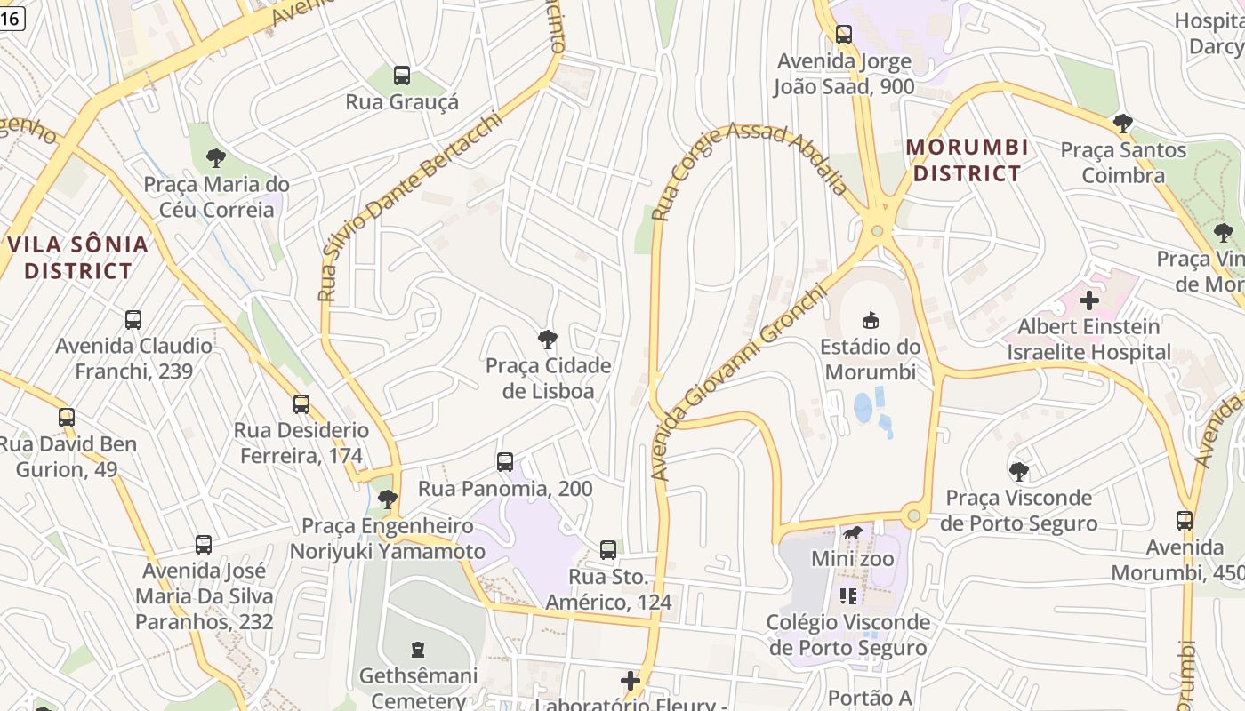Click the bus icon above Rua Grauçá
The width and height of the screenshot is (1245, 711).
pos(402,76)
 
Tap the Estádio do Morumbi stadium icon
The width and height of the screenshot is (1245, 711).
pos(871,320)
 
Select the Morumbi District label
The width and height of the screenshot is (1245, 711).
pos(968,160)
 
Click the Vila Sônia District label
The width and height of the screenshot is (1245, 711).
pos(78,257)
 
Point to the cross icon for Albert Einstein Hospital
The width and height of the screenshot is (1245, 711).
pos(1088,300)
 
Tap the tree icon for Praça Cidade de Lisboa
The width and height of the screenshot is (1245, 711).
pos(548,339)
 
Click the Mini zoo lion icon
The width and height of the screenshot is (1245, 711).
pos(852,533)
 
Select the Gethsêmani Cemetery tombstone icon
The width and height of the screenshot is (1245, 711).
pos(418,650)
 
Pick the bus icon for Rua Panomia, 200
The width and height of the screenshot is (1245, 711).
pos(505,462)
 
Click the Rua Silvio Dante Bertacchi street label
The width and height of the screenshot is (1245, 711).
pos(408,207)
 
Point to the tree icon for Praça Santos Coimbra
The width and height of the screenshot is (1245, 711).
pos(1122,124)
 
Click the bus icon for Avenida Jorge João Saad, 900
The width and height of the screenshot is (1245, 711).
pos(843,35)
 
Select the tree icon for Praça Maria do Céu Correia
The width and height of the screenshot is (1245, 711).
pos(215,158)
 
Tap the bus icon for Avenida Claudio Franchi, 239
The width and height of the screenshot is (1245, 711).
pos(133,319)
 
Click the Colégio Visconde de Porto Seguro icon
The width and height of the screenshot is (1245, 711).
pos(847,595)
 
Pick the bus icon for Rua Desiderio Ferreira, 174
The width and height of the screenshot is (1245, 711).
pos(301,404)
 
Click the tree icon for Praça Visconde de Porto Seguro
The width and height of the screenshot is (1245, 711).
pos(1018,471)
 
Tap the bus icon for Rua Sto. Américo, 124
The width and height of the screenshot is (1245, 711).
pos(608,549)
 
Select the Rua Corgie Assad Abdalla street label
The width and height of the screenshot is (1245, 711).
pos(751,168)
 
